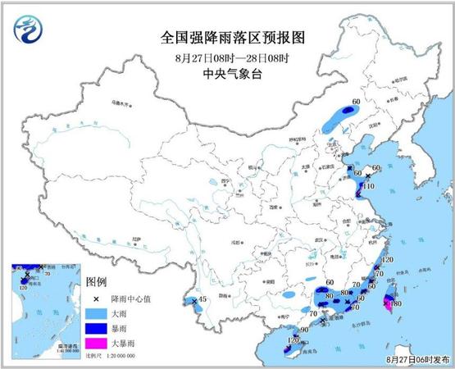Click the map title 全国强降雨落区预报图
click(x=227, y=37)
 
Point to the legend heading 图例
click(x=97, y=282)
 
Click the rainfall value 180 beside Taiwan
click(x=396, y=304)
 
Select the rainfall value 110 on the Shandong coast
click(x=368, y=187)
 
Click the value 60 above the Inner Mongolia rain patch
click(x=356, y=102)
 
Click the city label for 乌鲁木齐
click(x=121, y=104)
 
